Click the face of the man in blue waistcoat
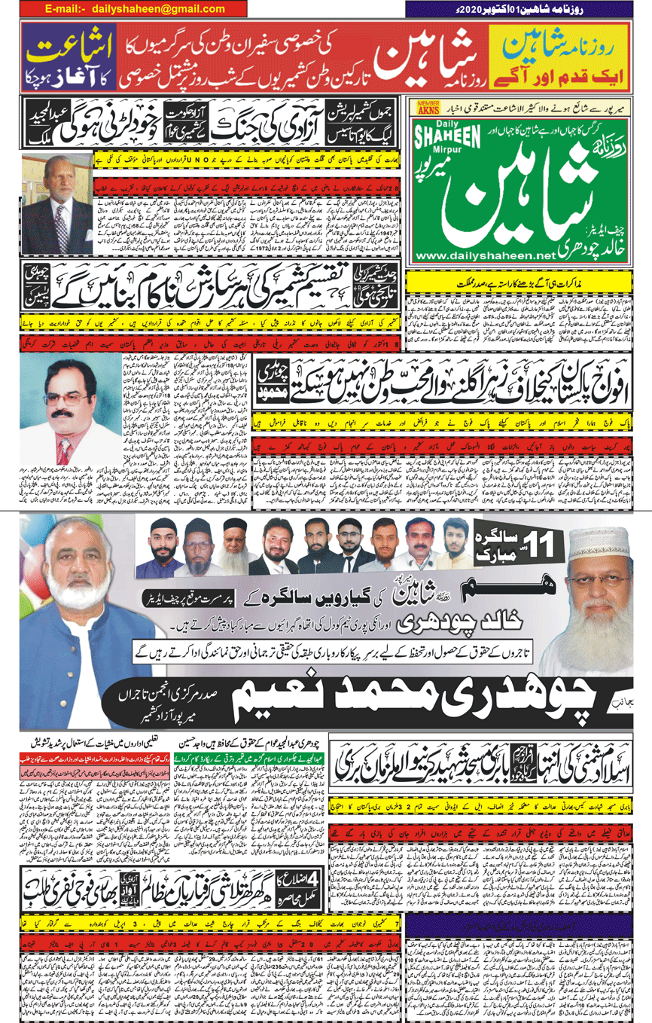click(x=89, y=555)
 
